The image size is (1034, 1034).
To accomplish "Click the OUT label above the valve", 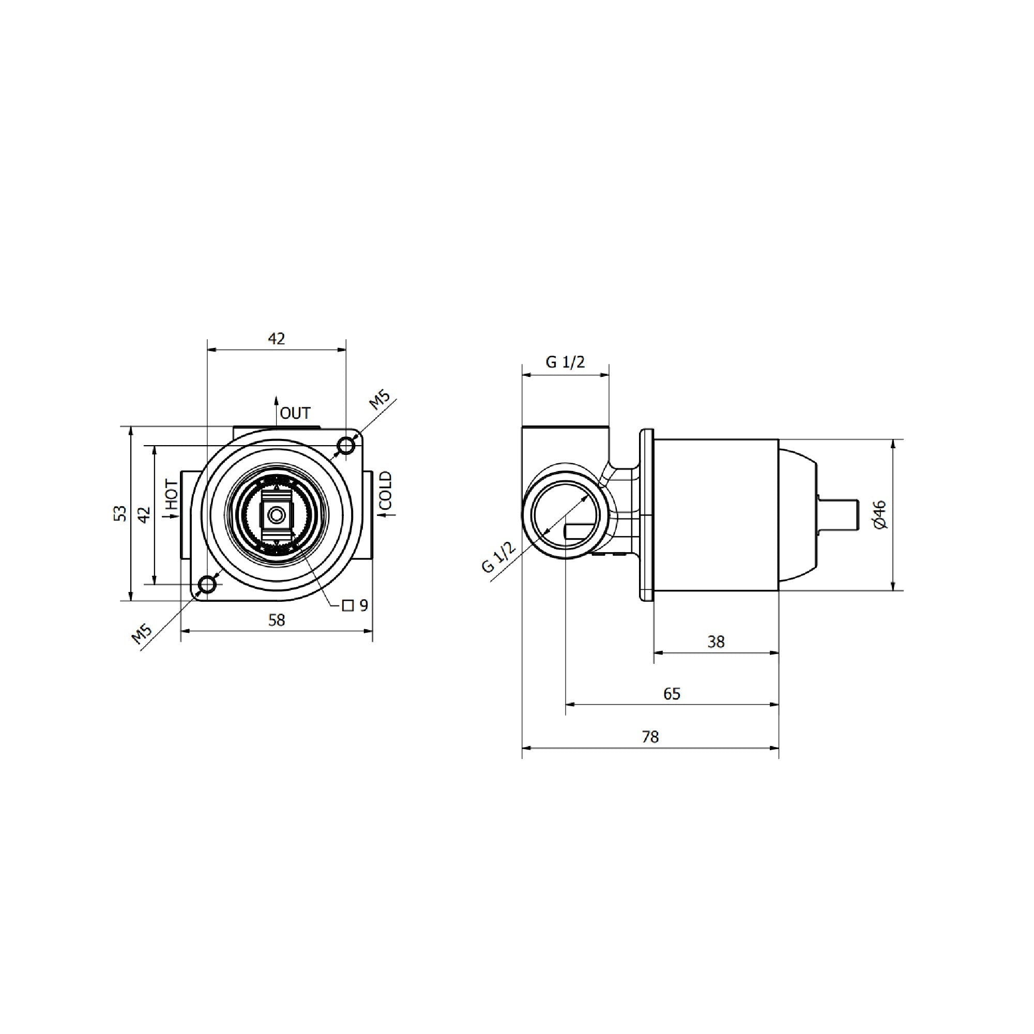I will point(295,413).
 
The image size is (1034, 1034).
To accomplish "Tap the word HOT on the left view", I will point(171,495).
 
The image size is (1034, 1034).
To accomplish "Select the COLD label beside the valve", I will point(385,491).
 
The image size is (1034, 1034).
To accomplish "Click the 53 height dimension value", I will point(122,513).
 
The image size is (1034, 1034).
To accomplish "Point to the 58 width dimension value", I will point(277,620).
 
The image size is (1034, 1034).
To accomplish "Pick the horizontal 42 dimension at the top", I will point(277,339).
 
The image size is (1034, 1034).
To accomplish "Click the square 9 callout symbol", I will point(348,606).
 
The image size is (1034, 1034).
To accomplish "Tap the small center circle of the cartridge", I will point(276,515).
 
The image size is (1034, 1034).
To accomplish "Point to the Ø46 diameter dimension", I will point(879,514).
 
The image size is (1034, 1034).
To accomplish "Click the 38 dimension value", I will point(716,641).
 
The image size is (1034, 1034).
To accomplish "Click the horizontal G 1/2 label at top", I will point(565,362).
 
